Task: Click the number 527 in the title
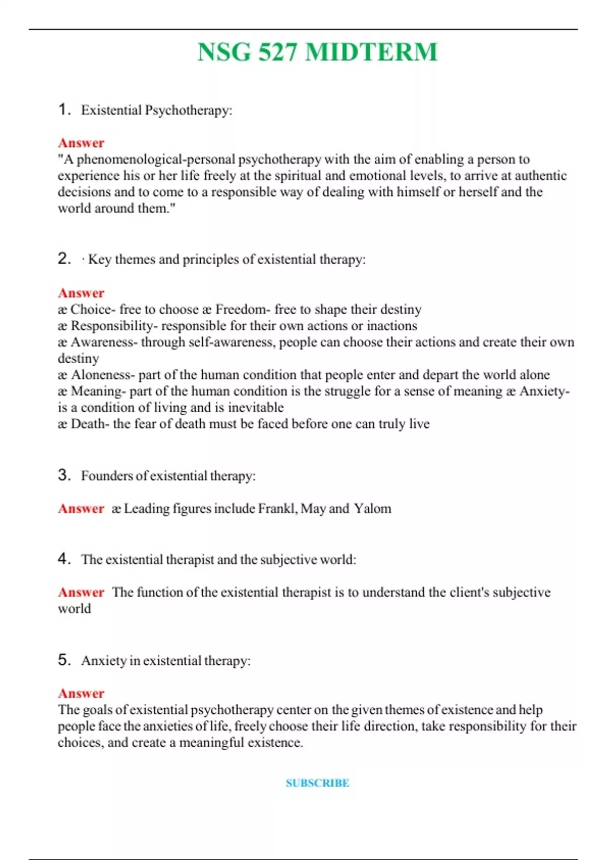(277, 52)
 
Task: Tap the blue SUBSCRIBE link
(317, 783)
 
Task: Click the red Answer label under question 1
(81, 143)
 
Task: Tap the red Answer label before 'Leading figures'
(81, 508)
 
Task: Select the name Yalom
(373, 508)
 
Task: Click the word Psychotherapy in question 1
(188, 110)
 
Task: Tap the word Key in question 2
(100, 260)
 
